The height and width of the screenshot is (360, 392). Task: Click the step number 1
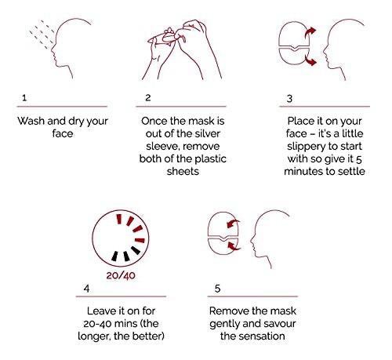click(24, 98)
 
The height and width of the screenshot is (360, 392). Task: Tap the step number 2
click(148, 98)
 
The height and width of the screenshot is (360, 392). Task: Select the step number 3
click(289, 99)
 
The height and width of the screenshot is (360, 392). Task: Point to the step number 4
click(86, 289)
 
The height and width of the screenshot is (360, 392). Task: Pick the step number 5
click(217, 289)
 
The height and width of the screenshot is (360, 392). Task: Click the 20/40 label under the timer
click(121, 275)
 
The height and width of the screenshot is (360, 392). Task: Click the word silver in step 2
click(207, 133)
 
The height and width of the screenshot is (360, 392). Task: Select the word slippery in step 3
click(305, 147)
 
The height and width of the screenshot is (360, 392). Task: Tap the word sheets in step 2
click(183, 172)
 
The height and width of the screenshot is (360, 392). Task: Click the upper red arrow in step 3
click(310, 33)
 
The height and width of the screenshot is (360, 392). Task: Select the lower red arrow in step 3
click(310, 60)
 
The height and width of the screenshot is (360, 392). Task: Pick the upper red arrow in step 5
click(233, 224)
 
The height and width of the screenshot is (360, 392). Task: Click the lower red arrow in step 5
click(234, 245)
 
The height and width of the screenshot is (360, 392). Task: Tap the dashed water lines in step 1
click(42, 34)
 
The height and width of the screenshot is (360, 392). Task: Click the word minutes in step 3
click(302, 172)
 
